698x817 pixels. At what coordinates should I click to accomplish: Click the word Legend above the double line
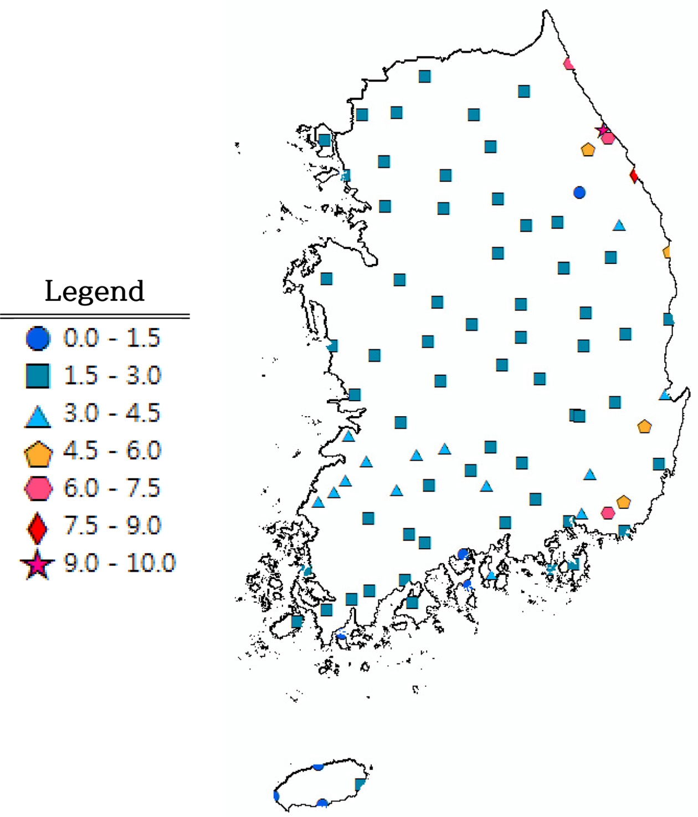(x=94, y=291)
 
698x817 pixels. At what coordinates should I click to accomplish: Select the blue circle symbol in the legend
(x=38, y=338)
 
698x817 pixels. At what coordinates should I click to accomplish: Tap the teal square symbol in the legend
(x=38, y=375)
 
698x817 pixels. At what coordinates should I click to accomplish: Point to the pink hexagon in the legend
(x=38, y=488)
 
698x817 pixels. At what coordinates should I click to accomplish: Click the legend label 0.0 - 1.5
(x=111, y=338)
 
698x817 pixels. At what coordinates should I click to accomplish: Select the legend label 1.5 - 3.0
(x=112, y=376)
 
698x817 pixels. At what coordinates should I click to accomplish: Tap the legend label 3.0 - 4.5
(x=112, y=413)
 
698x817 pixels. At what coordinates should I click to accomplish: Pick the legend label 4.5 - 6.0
(x=112, y=451)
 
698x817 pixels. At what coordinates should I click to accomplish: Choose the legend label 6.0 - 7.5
(x=112, y=488)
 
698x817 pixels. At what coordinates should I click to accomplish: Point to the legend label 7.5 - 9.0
(x=112, y=525)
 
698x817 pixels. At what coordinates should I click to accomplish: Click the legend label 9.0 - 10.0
(x=119, y=563)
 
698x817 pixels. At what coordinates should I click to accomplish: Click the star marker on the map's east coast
(x=602, y=130)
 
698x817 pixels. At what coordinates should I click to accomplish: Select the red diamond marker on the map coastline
(x=634, y=176)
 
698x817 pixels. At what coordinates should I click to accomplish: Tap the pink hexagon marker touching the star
(x=609, y=138)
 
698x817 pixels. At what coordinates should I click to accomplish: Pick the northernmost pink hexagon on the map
(x=568, y=64)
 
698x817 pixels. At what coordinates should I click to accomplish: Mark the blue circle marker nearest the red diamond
(x=579, y=192)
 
